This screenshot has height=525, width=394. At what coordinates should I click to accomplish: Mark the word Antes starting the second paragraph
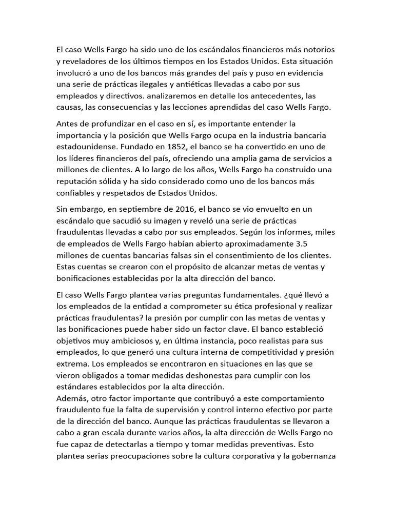click(x=67, y=124)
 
